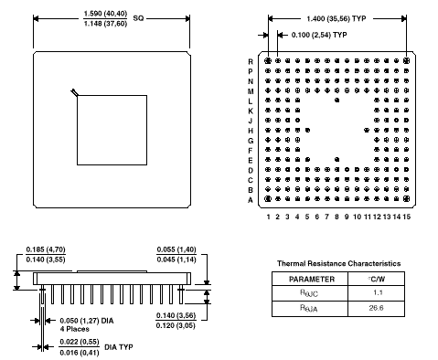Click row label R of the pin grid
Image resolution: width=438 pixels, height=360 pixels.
(251, 61)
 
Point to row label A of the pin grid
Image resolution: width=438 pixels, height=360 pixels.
(251, 200)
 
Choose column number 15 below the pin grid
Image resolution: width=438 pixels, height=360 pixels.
(406, 217)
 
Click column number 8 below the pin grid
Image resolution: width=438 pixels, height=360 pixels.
(337, 217)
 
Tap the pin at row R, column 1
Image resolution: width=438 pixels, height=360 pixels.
(268, 61)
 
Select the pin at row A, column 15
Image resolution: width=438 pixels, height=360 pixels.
(406, 199)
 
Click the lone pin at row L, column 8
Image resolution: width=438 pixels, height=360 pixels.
(337, 100)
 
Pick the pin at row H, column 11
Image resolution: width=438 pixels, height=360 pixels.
(367, 130)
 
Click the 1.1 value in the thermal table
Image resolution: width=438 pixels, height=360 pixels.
(378, 292)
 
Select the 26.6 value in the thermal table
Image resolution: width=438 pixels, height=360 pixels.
(376, 308)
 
